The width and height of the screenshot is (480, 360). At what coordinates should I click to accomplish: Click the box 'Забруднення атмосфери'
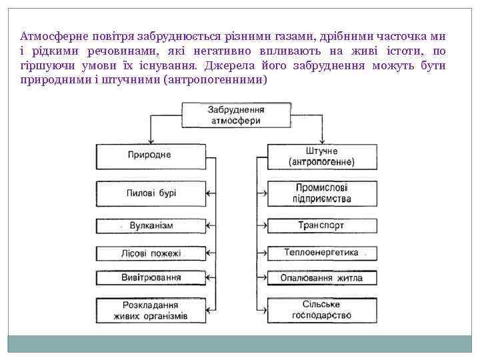coord(235,115)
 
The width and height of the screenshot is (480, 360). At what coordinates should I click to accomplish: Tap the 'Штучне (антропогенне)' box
coord(321,157)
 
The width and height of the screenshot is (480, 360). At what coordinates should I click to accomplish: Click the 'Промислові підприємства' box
coord(321,193)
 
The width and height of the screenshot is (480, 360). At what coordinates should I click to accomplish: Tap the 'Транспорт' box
coord(321,225)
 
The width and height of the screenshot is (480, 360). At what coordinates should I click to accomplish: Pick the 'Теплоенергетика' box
coord(321,253)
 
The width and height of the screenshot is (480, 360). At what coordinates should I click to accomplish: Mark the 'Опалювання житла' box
coord(321,277)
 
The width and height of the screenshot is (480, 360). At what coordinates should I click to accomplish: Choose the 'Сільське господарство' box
coord(321,309)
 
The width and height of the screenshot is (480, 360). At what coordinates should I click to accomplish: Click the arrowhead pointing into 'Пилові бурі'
coord(209,193)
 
